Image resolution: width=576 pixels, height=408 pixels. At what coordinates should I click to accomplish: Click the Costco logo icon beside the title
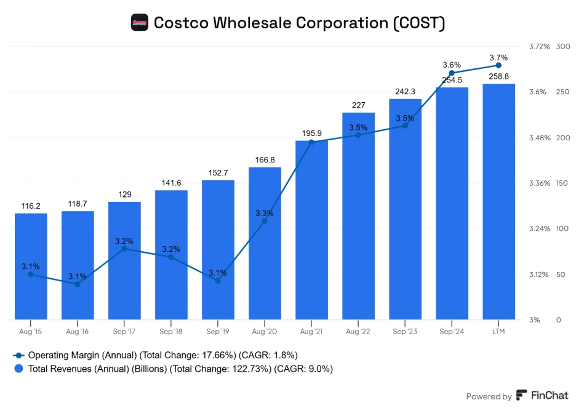(x=140, y=23)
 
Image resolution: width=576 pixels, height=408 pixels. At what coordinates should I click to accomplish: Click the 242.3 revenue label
(x=405, y=92)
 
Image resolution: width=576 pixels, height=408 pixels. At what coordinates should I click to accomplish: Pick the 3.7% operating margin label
(x=498, y=58)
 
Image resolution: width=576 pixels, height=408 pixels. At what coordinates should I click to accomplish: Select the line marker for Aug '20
(x=265, y=220)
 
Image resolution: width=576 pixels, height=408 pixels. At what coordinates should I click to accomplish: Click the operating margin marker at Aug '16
(x=78, y=284)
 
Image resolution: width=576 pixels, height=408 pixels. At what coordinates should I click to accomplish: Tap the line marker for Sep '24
(x=452, y=73)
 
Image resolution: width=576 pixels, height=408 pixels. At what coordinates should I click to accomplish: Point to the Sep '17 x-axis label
(x=124, y=332)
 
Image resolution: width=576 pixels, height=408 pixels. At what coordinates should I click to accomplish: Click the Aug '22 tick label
(x=358, y=332)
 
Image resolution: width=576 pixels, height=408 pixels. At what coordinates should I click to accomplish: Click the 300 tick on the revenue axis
(x=562, y=47)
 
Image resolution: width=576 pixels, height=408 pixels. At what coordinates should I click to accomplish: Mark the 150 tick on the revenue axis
(x=562, y=183)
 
